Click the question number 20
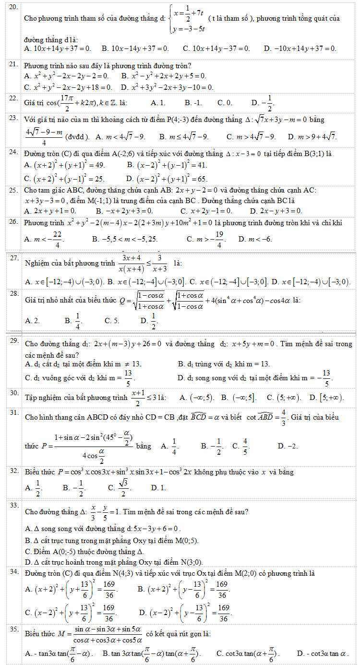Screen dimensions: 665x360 (13, 8)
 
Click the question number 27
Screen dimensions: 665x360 (14, 258)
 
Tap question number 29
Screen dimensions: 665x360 (14, 341)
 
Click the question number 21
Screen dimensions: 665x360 (13, 63)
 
